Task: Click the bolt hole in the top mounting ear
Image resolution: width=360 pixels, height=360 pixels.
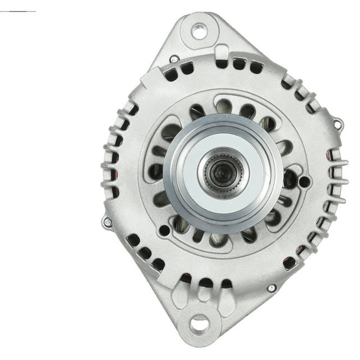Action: pyautogui.click(x=198, y=31)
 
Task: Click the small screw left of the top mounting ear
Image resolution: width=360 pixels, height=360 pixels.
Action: pyautogui.click(x=173, y=59)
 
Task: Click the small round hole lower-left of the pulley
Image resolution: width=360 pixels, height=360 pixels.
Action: pyautogui.click(x=163, y=230)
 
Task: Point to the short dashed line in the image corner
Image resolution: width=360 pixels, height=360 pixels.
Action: pyautogui.click(x=18, y=11)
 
